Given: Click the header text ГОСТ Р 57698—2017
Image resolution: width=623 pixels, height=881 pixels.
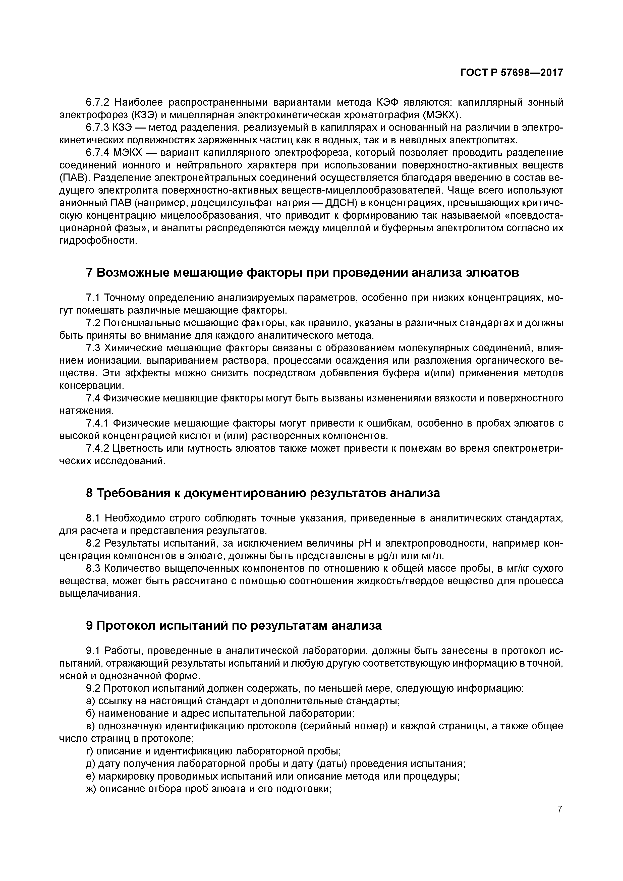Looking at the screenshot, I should click(x=511, y=73).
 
